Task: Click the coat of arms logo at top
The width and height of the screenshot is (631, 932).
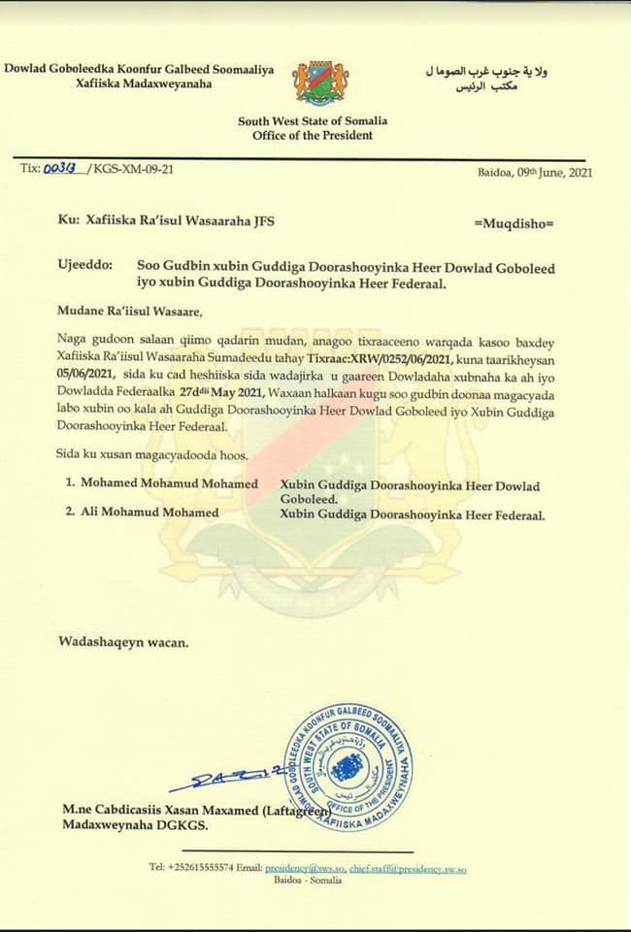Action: [321, 83]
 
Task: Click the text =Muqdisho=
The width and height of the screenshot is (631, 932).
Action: [514, 222]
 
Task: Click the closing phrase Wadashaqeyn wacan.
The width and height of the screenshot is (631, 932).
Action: [123, 642]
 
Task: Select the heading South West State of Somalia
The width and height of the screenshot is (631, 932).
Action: [313, 120]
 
